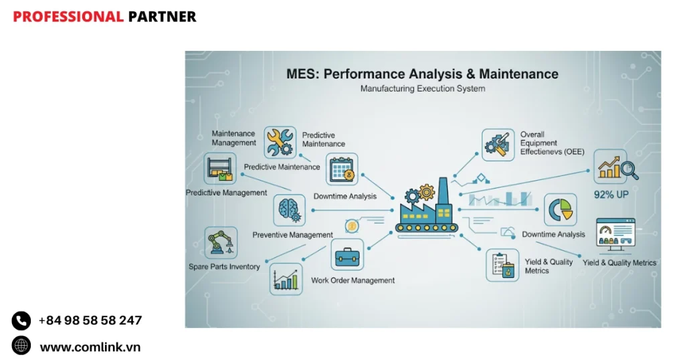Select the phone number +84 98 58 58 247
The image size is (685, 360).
pos(90,321)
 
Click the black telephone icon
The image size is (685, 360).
pos(21,321)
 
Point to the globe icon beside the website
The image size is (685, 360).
pos(21,346)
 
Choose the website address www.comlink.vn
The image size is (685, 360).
pos(90,347)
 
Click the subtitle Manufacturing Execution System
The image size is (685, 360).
pos(422,88)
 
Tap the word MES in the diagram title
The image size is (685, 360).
pos(300,74)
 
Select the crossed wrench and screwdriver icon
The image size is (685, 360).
pos(280,143)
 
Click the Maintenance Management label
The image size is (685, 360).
pos(233,138)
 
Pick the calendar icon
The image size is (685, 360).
pos(342,169)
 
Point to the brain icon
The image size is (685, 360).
pos(289,209)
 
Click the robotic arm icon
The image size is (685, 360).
pos(221,243)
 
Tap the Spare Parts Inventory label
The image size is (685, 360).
pos(224,267)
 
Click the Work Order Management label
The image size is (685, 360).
pos(353,280)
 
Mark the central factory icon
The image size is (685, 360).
pos(427,205)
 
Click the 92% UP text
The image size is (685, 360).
pos(611,195)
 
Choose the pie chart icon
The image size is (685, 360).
pos(560,210)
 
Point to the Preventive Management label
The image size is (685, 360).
pos(292,235)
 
